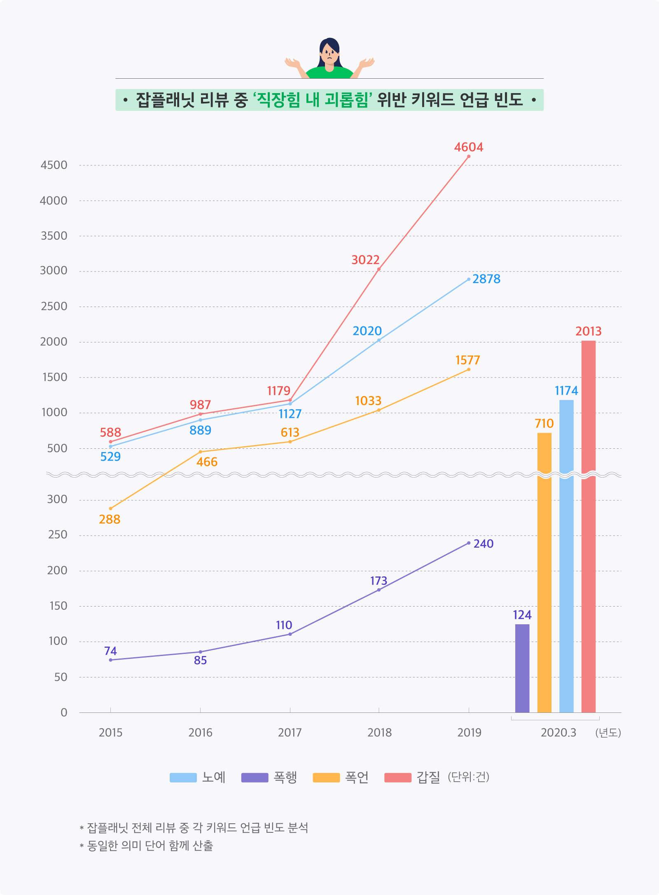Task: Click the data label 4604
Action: point(469,147)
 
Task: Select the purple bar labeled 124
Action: point(522,668)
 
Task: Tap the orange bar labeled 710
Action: point(544,573)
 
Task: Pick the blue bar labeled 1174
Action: point(566,556)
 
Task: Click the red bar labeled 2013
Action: point(589,527)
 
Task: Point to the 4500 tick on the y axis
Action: point(54,165)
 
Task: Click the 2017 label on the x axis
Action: point(290,733)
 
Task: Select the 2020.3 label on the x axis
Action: point(559,733)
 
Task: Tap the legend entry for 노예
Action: point(198,778)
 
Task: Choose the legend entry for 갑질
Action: point(412,778)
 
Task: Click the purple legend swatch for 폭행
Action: point(255,778)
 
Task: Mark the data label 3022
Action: point(365,260)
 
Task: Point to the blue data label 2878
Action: point(486,279)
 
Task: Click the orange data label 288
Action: point(110,519)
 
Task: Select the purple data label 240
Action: point(484,544)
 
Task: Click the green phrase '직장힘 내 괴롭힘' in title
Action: point(313,100)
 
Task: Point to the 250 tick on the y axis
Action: point(58,535)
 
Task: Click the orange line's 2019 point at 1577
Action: point(469,370)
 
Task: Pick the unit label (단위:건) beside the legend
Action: point(469,777)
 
